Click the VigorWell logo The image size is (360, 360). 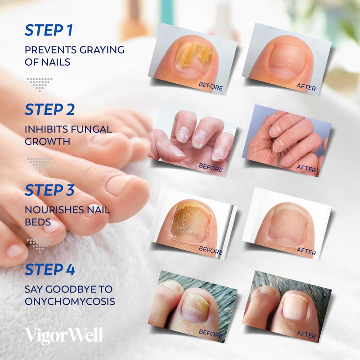pyautogui.click(x=64, y=336)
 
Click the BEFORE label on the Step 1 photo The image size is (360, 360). pyautogui.click(x=211, y=87)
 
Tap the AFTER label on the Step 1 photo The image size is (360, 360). pyautogui.click(x=306, y=87)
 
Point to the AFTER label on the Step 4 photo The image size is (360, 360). pyautogui.click(x=306, y=333)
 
